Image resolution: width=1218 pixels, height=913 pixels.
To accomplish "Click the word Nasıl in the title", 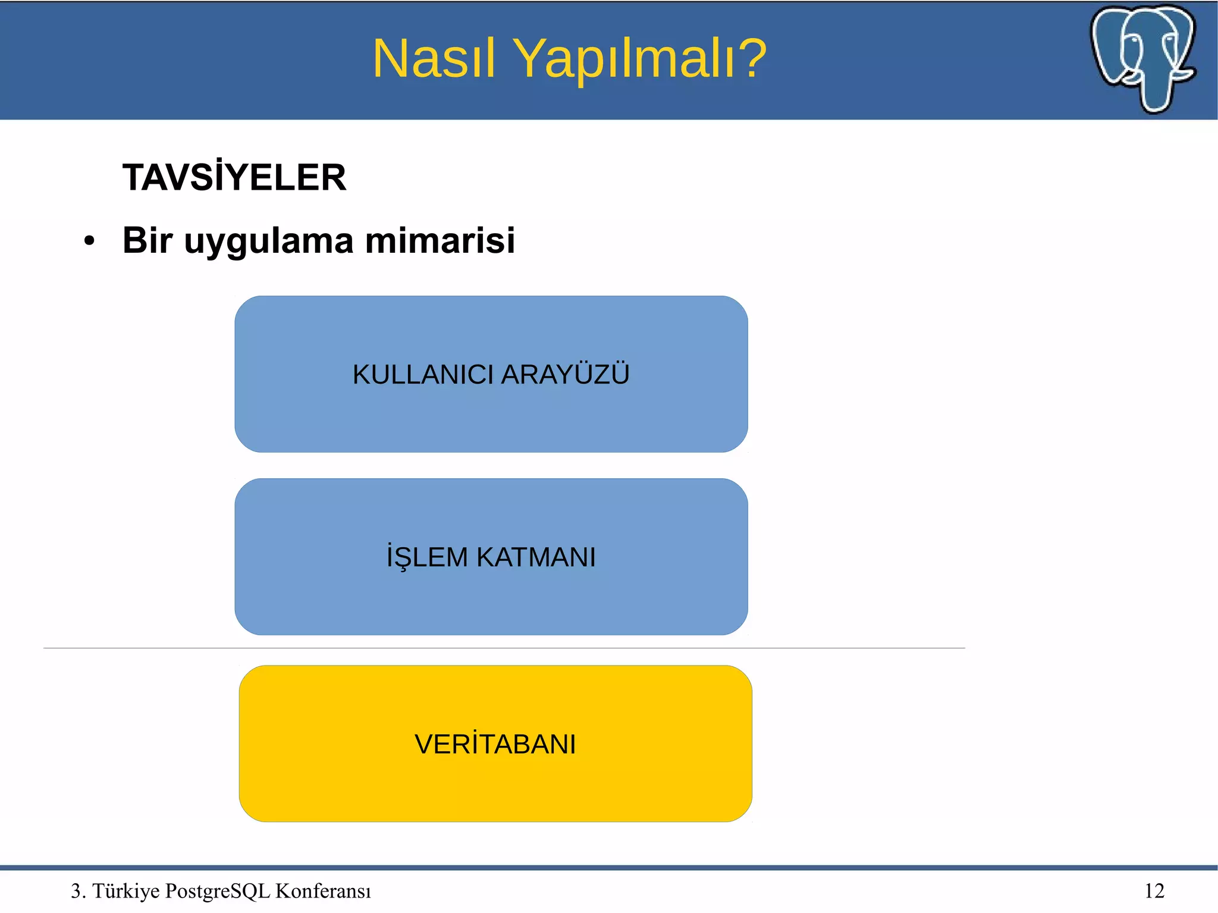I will click(x=434, y=58).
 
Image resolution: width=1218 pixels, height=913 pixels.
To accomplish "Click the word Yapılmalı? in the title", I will click(x=640, y=59).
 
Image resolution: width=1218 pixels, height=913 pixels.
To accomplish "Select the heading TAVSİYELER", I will click(x=234, y=177).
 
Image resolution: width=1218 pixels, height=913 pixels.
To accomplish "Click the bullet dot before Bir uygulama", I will click(x=89, y=241).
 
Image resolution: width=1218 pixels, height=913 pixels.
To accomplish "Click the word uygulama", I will click(x=269, y=241).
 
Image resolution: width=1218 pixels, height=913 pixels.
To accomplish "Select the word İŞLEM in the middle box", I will click(x=427, y=557).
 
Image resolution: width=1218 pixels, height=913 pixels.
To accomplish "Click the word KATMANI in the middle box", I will click(x=536, y=557).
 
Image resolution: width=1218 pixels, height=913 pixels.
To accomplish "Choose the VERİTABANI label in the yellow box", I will click(x=495, y=744).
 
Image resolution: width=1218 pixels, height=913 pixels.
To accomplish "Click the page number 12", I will click(x=1154, y=890).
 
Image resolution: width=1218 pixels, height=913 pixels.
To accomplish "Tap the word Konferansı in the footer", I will click(x=323, y=891).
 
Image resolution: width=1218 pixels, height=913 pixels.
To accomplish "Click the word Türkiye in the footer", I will click(x=126, y=891).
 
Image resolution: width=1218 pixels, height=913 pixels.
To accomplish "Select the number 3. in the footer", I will click(x=78, y=891).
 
